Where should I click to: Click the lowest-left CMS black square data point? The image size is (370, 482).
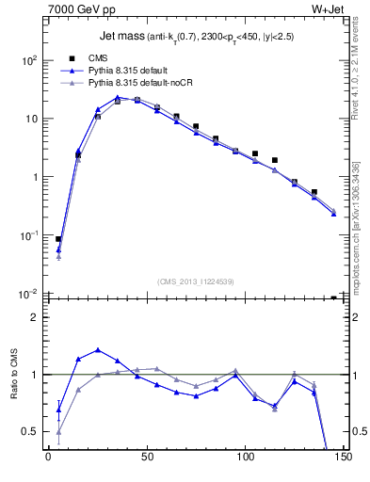(58, 239)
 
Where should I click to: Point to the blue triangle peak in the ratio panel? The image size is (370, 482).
(98, 349)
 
